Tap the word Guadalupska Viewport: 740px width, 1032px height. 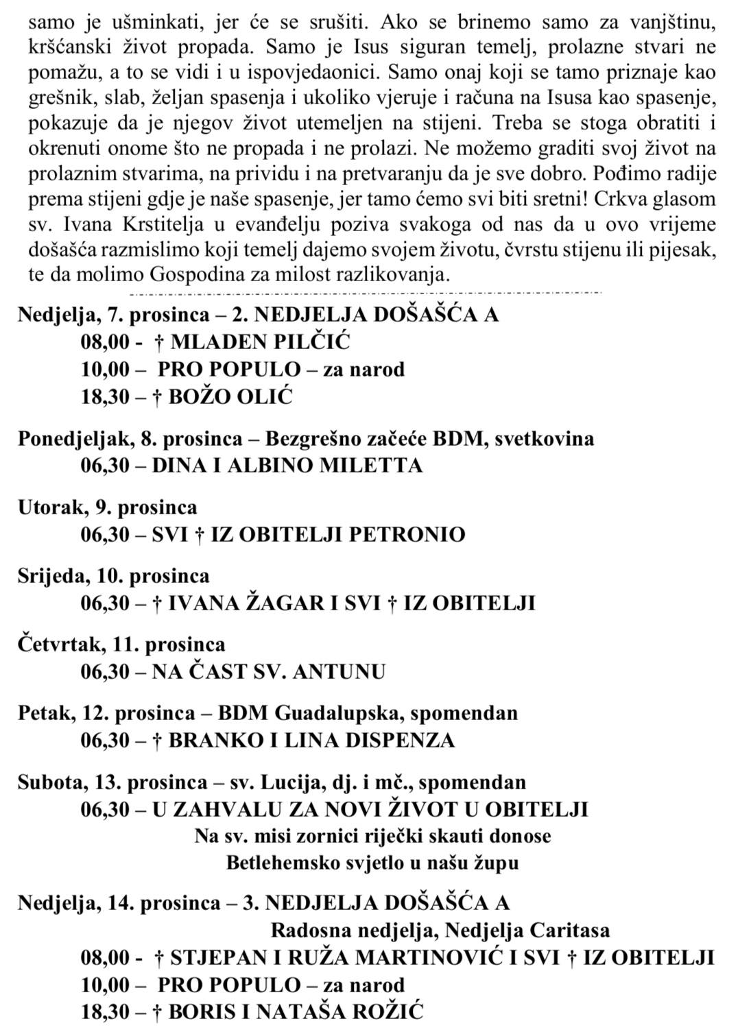(339, 713)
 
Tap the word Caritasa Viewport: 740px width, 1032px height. (570, 931)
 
